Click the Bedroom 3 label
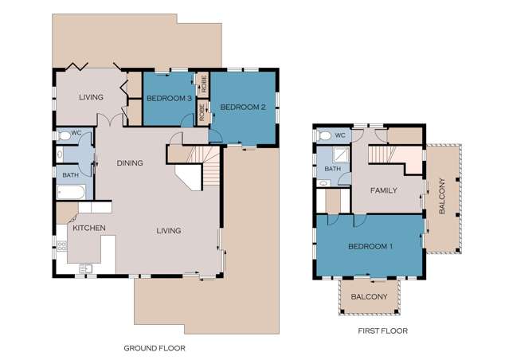pyautogui.click(x=169, y=98)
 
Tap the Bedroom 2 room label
pyautogui.click(x=243, y=107)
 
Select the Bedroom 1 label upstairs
pyautogui.click(x=370, y=246)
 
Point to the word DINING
pyautogui.click(x=130, y=163)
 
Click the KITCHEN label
pyautogui.click(x=89, y=228)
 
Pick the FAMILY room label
pyautogui.click(x=384, y=190)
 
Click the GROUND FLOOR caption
pyautogui.click(x=155, y=348)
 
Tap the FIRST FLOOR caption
pyautogui.click(x=382, y=331)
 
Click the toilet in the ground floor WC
pyautogui.click(x=64, y=135)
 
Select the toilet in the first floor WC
pyautogui.click(x=324, y=135)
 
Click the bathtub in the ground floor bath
pyautogui.click(x=72, y=192)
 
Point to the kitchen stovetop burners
pyautogui.click(x=61, y=246)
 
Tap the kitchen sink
pyautogui.click(x=86, y=268)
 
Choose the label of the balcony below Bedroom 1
pyautogui.click(x=369, y=297)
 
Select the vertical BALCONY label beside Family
pyautogui.click(x=442, y=196)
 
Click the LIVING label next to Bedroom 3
pyautogui.click(x=92, y=97)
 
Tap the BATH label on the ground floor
pyautogui.click(x=70, y=175)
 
